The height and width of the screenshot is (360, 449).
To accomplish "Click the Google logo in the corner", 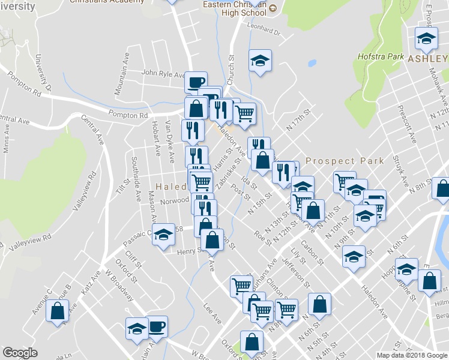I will tap(20, 353).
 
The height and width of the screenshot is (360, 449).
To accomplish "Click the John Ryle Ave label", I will tap(163, 74).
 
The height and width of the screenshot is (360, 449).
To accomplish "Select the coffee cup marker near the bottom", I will tap(157, 326).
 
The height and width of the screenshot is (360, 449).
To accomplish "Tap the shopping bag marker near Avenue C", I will tap(58, 311).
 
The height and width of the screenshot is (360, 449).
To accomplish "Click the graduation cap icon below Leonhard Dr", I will tap(260, 61).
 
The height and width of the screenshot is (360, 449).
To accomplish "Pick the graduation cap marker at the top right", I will tap(426, 38).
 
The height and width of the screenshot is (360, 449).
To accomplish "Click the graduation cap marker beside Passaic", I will tap(162, 235).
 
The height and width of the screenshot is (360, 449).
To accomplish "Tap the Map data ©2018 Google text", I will tap(412, 355).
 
